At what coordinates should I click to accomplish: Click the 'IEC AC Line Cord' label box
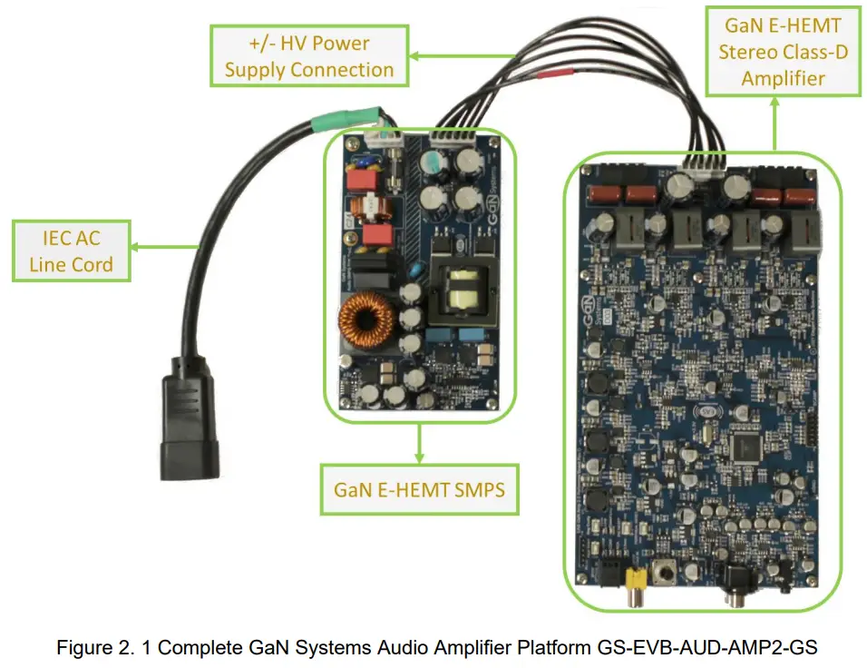click(71, 251)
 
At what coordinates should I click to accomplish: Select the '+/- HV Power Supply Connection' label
click(309, 56)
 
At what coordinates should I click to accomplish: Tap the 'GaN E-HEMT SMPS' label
click(419, 489)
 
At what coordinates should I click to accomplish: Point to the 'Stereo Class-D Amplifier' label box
click(784, 53)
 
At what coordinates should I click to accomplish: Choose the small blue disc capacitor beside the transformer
click(413, 270)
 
